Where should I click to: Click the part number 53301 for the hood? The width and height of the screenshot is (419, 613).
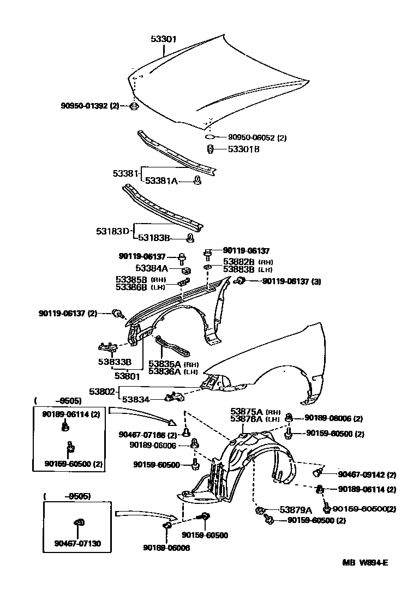tap(163, 39)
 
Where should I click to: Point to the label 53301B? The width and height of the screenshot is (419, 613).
tap(244, 149)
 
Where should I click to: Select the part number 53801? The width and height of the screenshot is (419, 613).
tap(127, 376)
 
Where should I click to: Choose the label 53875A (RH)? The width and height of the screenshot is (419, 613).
tap(254, 411)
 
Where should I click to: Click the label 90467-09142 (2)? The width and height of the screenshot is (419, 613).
tap(367, 474)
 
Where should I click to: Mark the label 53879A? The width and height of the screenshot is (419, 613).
tap(295, 510)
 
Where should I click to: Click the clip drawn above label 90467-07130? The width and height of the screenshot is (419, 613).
tap(79, 523)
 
